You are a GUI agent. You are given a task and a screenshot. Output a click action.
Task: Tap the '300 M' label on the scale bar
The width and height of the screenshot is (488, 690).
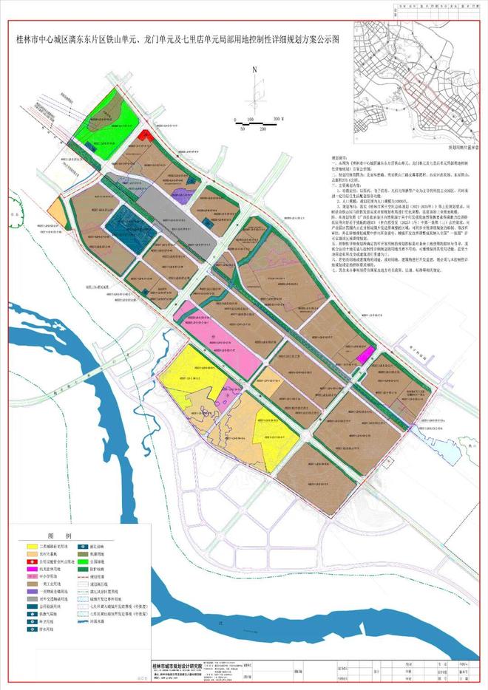click(278, 119)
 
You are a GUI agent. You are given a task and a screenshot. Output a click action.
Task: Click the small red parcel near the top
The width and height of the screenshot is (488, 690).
click(146, 135)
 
